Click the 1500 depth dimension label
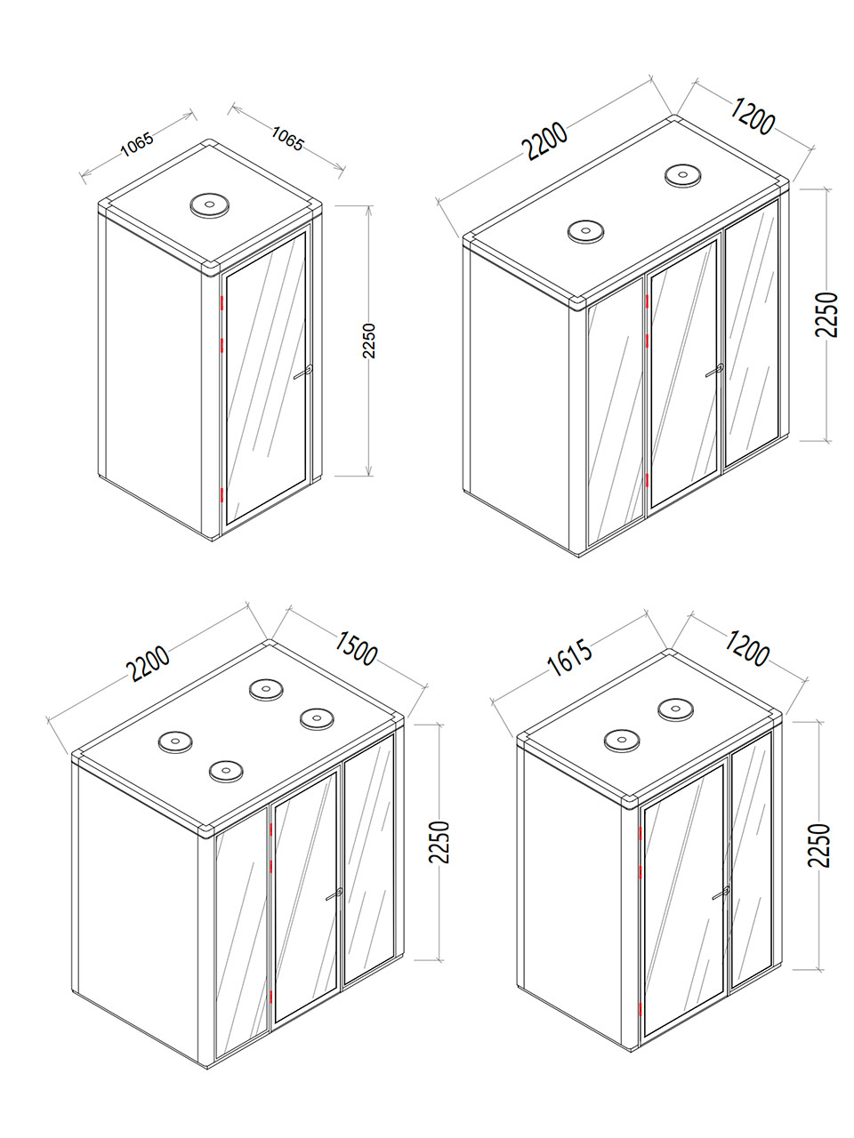coord(355,649)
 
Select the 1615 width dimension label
coord(570,658)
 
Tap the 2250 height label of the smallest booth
coord(368,341)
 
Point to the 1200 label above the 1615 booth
coord(745,649)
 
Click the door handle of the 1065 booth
coord(304,372)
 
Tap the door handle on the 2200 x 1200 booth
coord(714,370)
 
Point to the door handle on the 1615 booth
coord(721,893)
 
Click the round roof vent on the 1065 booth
coord(209,204)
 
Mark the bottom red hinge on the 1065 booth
coord(222,494)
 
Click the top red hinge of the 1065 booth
coord(222,303)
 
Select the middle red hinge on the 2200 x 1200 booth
coord(648,341)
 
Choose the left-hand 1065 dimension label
coord(137,145)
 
